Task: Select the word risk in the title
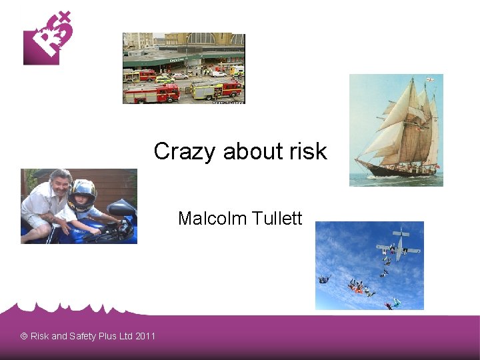307,152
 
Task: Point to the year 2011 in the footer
145,336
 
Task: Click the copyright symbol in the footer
24,336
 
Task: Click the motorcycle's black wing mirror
120,209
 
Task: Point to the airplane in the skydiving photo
398,246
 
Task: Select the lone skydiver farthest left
324,279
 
